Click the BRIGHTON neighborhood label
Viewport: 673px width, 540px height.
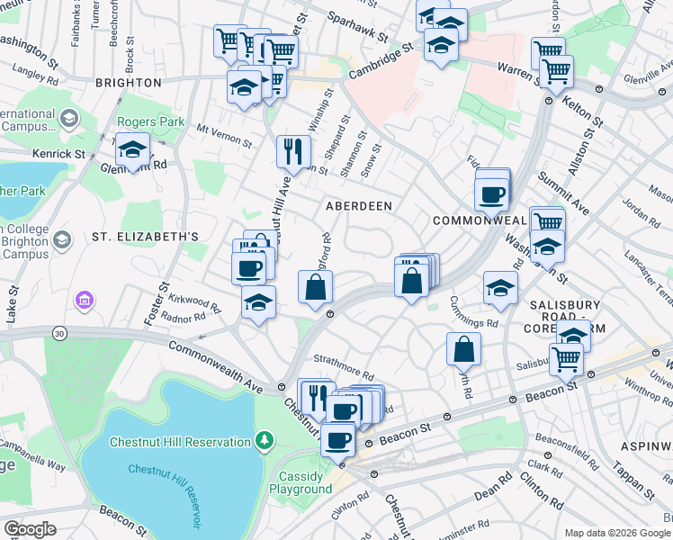click(x=128, y=82)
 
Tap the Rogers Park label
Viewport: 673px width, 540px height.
click(x=151, y=121)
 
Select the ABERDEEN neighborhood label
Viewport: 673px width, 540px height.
click(x=358, y=206)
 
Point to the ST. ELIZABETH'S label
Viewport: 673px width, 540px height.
click(x=145, y=237)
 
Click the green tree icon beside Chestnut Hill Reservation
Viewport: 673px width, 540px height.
click(x=264, y=441)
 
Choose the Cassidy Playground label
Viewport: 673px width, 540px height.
click(x=301, y=481)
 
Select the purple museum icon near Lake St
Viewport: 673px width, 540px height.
click(x=85, y=299)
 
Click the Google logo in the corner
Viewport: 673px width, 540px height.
click(x=29, y=528)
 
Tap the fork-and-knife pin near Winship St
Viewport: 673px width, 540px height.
click(x=292, y=150)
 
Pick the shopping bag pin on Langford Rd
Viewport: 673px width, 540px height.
click(x=316, y=288)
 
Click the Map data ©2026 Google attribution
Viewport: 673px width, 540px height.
click(x=616, y=533)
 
